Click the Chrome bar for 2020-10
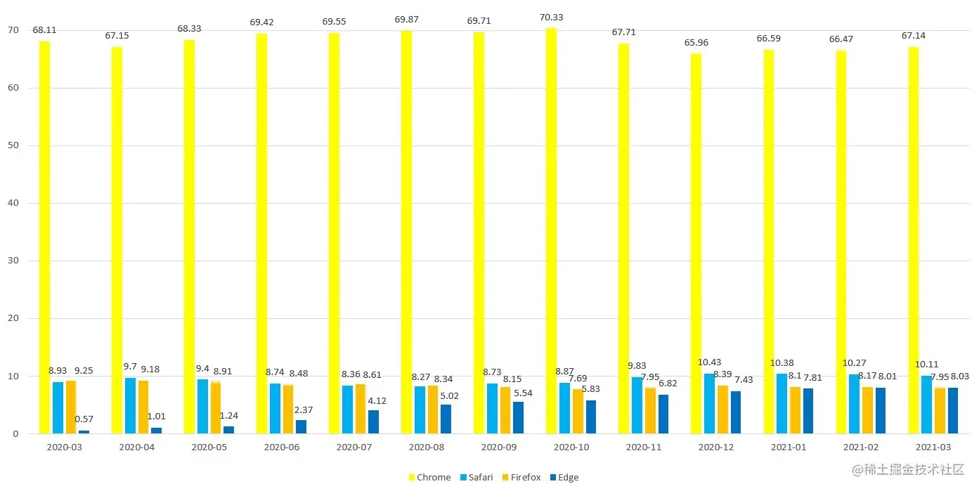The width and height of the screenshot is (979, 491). [551, 232]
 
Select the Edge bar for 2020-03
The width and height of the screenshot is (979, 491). [84, 431]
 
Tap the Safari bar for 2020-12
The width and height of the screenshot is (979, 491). [710, 403]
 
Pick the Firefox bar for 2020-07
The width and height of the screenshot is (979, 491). [361, 409]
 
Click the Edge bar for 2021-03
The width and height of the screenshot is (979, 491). [953, 410]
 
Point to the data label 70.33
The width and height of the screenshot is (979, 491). [551, 18]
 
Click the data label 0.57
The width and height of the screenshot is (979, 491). [84, 419]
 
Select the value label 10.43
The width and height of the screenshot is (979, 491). [709, 362]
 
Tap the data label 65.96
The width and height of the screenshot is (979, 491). [696, 43]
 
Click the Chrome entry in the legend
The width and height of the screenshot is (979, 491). [429, 478]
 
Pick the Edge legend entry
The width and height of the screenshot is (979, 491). [564, 478]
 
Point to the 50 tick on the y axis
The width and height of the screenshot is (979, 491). [13, 145]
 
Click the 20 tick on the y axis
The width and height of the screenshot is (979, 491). [13, 318]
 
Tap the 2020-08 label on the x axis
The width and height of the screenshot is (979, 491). [427, 447]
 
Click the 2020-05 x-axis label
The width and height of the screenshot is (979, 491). [209, 447]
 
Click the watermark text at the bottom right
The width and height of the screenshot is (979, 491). [907, 470]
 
